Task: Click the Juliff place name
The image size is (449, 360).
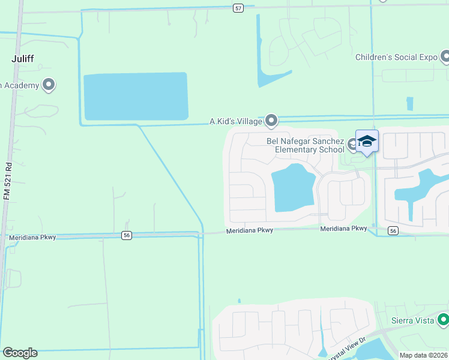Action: [x=25, y=59]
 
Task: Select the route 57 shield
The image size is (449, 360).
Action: [x=238, y=7]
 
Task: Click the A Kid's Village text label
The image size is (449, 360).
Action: [x=235, y=122]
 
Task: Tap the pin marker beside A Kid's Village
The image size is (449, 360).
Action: [x=271, y=121]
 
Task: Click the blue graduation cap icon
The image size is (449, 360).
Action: [x=367, y=141]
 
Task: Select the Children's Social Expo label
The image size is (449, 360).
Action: [x=396, y=58]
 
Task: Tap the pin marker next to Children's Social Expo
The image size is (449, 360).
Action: [x=445, y=57]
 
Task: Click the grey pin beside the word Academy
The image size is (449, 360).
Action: [x=49, y=85]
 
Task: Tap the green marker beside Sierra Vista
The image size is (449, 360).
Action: [x=443, y=320]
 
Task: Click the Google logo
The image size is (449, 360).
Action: [x=20, y=353]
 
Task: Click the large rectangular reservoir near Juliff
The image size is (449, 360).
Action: [x=136, y=96]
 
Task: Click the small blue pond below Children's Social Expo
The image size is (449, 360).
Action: [x=410, y=104]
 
